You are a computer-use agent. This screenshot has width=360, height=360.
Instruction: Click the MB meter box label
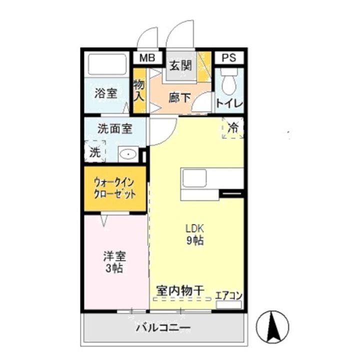(x=147, y=58)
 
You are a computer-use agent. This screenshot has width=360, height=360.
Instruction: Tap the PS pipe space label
(x=229, y=58)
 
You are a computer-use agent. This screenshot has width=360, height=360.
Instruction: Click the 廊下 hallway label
(x=179, y=97)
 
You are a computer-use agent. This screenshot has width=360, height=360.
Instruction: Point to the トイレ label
(x=229, y=104)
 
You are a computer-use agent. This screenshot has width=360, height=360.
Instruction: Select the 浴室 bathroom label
(x=106, y=93)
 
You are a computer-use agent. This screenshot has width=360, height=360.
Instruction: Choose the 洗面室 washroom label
(x=114, y=128)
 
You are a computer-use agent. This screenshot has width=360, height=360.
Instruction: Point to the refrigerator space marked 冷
(x=233, y=127)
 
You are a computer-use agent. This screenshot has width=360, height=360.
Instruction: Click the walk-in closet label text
(x=114, y=189)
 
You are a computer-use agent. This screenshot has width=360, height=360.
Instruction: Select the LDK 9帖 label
(x=194, y=233)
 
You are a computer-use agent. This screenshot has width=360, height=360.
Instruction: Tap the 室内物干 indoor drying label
(x=180, y=290)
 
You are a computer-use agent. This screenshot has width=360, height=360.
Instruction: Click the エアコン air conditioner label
(x=228, y=295)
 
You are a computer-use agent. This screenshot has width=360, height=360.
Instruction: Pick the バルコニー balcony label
(x=163, y=328)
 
